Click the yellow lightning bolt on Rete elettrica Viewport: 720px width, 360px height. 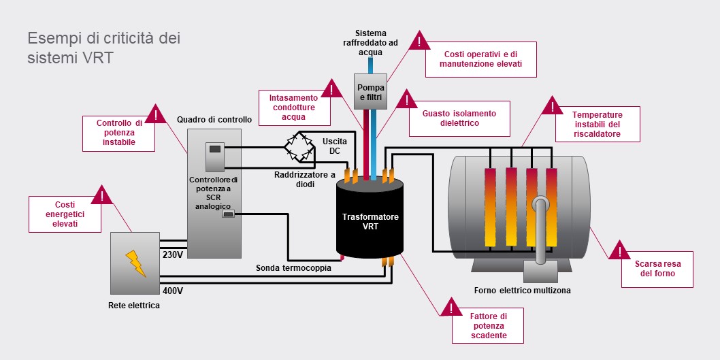click(x=135, y=263)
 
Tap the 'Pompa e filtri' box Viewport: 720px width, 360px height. click(x=371, y=93)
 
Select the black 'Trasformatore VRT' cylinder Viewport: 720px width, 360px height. click(x=370, y=221)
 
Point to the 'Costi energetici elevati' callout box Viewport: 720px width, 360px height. click(x=65, y=215)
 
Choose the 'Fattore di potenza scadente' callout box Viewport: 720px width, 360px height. click(x=488, y=325)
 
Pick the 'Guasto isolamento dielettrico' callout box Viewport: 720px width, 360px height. click(x=459, y=118)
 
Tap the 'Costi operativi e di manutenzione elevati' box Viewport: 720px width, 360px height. click(x=480, y=59)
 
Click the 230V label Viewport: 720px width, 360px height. click(x=173, y=255)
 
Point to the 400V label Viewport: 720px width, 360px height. click(x=173, y=291)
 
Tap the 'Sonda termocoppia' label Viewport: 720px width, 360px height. click(x=293, y=268)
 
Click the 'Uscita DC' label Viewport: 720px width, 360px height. click(x=334, y=146)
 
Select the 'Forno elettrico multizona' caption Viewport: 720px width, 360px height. click(x=522, y=291)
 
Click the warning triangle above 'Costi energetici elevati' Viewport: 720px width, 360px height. click(x=102, y=195)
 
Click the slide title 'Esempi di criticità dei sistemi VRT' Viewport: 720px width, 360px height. click(x=103, y=48)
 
